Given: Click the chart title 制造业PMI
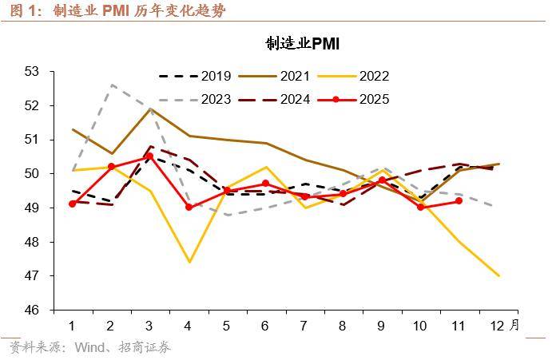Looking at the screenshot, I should [x=303, y=44].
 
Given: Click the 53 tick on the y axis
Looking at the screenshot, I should [x=33, y=71].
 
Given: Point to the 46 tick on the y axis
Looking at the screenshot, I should [x=33, y=310].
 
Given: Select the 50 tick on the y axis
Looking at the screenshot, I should [x=33, y=173].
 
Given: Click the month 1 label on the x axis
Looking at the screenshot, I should [x=73, y=326].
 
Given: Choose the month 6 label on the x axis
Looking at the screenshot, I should [x=266, y=326].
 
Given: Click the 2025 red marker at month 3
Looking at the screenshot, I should [x=149, y=156].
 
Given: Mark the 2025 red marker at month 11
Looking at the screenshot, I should [x=459, y=200].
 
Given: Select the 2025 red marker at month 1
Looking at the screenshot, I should [x=73, y=204].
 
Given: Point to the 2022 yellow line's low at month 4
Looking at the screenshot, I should [x=189, y=262].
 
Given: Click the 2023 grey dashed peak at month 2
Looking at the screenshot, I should [x=112, y=85].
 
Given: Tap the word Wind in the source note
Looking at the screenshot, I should [x=90, y=348].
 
